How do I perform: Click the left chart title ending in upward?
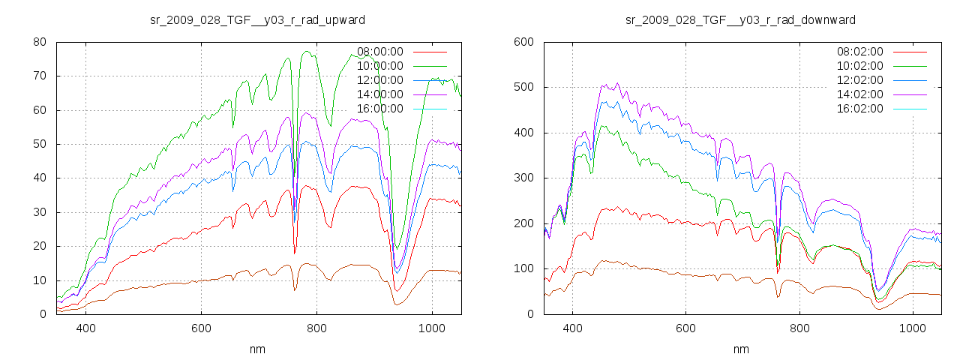point(258,19)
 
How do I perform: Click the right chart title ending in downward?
point(740,19)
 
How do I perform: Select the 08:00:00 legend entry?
point(380,52)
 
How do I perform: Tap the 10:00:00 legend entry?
point(380,66)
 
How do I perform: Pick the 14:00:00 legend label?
point(380,94)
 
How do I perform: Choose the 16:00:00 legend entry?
point(380,109)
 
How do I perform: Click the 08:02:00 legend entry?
point(860,52)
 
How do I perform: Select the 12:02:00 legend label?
point(860,80)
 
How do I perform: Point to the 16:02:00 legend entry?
point(860,109)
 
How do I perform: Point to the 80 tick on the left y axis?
point(40,42)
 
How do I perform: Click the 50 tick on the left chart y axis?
point(40,144)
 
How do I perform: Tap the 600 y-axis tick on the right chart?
point(523,42)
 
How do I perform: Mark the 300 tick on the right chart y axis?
point(523,178)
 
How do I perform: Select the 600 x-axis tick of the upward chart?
point(201,328)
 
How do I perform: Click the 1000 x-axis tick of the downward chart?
point(913,328)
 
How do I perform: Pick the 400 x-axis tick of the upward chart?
point(85,328)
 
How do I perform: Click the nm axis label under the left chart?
point(258,349)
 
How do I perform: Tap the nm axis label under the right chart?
point(741,349)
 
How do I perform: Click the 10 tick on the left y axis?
point(40,280)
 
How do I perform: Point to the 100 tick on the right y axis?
point(523,269)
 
